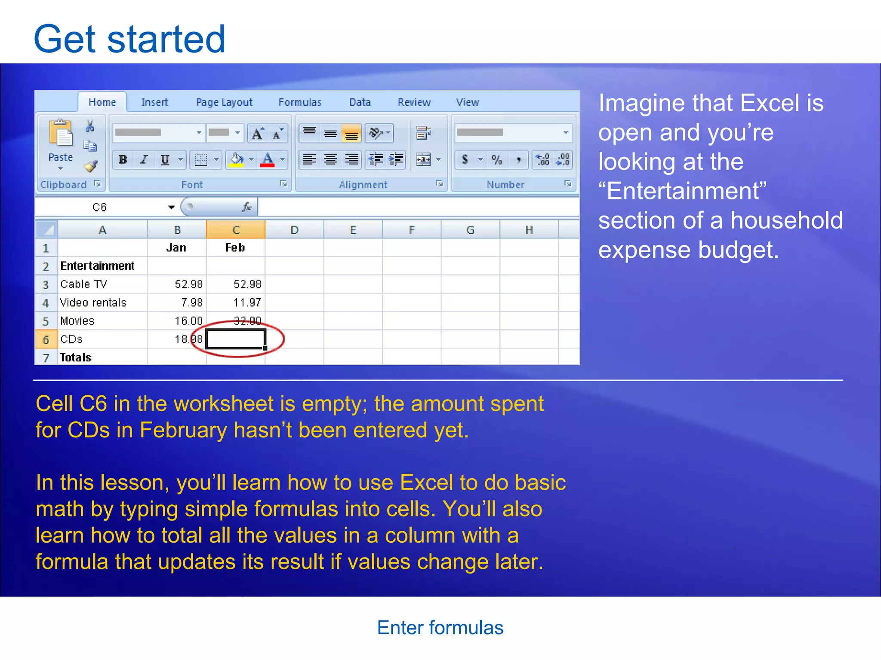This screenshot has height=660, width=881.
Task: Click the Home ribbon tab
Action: (x=102, y=102)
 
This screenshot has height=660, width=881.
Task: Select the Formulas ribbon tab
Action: (x=299, y=102)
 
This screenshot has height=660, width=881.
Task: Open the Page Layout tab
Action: (x=224, y=102)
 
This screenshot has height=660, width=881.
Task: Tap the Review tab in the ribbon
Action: (x=413, y=102)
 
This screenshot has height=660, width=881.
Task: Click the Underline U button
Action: (x=165, y=160)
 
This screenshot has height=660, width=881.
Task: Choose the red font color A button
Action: (x=268, y=160)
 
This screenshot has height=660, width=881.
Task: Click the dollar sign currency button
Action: (x=465, y=160)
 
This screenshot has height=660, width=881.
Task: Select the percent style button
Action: (x=497, y=160)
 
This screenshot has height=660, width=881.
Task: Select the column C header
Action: (x=236, y=230)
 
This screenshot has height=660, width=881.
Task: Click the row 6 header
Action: (x=46, y=339)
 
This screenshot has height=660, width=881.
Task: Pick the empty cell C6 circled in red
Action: (x=235, y=339)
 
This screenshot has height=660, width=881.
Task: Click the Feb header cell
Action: (x=235, y=248)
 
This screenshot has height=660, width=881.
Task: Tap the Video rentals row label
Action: (x=93, y=302)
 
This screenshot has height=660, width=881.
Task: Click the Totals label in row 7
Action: (x=76, y=357)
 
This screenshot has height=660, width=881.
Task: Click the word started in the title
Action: (x=166, y=40)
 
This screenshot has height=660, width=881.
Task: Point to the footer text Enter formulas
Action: (x=440, y=628)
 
